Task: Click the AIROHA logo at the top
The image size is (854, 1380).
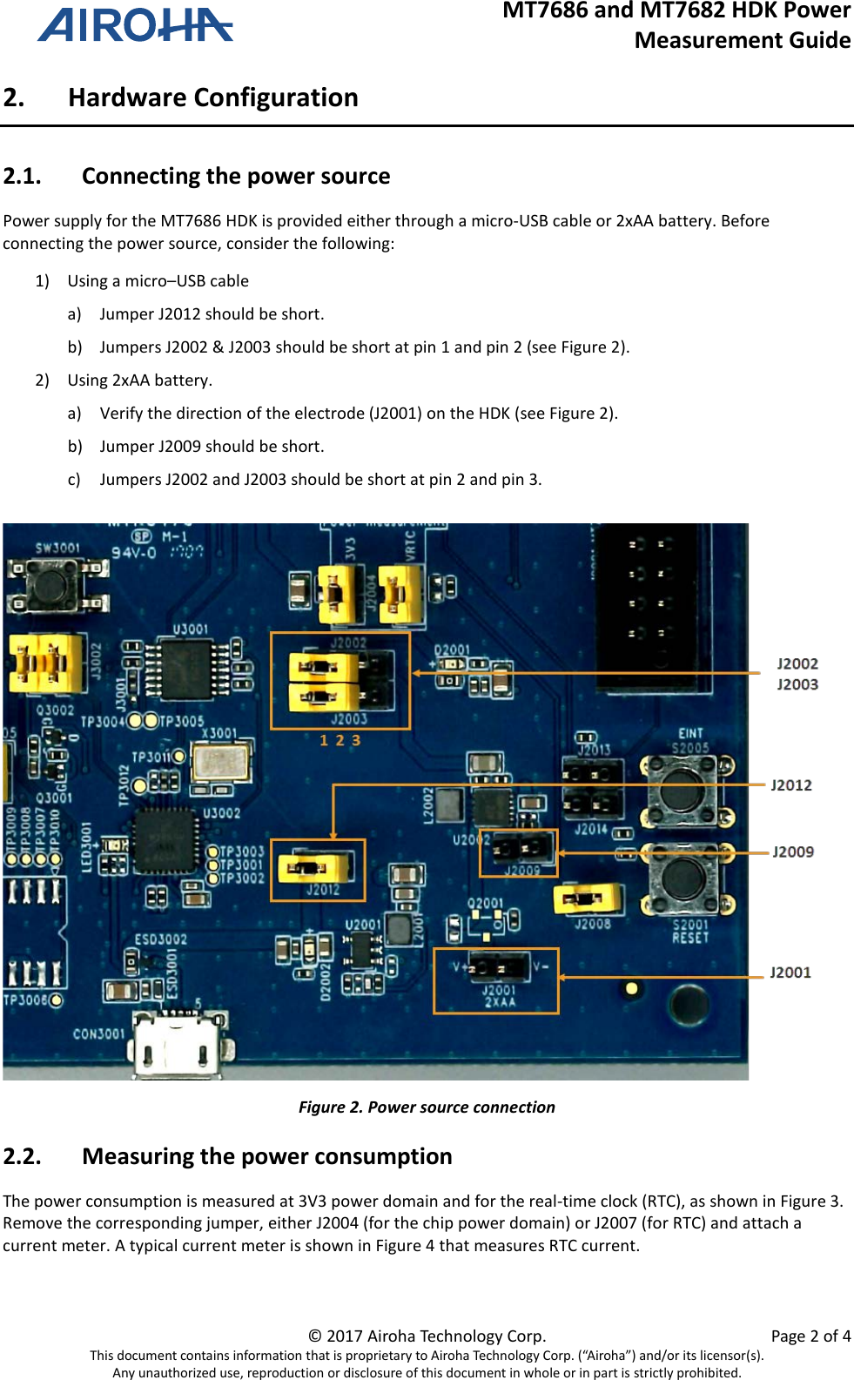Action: (135, 25)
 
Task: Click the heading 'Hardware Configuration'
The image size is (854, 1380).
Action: (213, 98)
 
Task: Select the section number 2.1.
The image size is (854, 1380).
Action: (23, 177)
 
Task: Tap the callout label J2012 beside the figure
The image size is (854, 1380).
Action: (790, 785)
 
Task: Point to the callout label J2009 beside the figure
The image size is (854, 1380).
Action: (792, 852)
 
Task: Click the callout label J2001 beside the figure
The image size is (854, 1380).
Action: (790, 973)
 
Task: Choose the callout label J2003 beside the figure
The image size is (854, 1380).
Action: (797, 685)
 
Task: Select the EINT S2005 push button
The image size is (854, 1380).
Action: (684, 790)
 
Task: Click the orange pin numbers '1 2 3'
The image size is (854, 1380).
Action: (340, 741)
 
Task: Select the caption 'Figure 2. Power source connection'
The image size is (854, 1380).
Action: (427, 1107)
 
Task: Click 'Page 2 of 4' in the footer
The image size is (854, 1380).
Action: (810, 1336)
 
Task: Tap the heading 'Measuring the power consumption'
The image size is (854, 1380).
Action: (266, 1157)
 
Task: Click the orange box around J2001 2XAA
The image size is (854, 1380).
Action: (495, 981)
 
